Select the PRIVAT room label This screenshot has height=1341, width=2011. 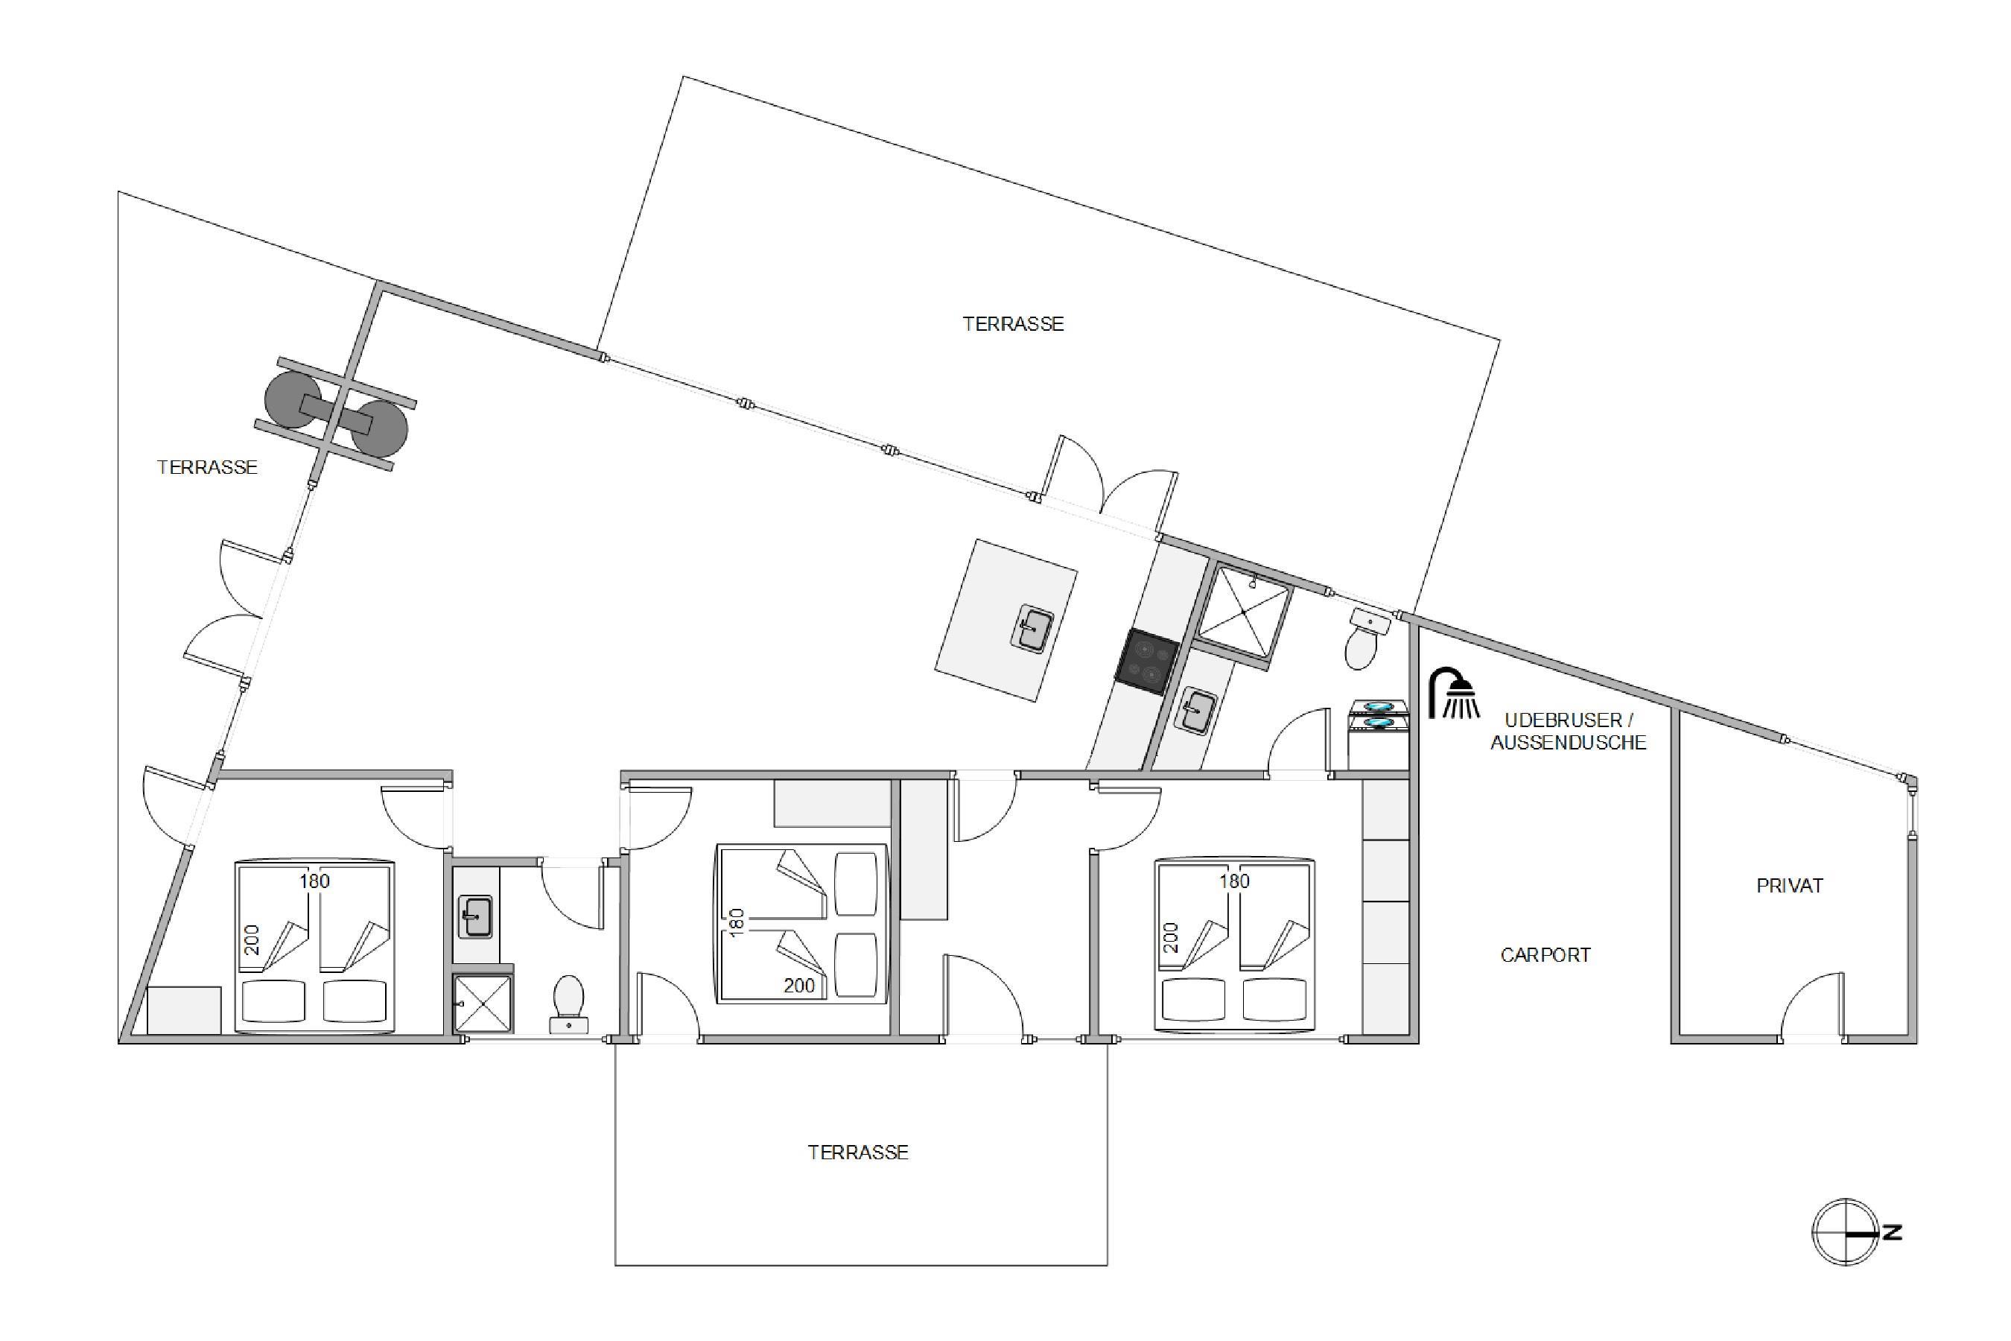pos(1790,886)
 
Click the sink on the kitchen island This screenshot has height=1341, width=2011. pos(1033,628)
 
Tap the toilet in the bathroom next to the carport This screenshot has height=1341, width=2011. pos(1366,638)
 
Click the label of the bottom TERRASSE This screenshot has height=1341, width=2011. pos(859,1153)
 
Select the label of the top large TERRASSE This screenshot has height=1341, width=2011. pos(1013,324)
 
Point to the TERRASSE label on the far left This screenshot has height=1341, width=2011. pos(207,467)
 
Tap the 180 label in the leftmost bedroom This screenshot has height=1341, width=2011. pos(314,881)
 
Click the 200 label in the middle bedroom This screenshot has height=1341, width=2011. pos(799,986)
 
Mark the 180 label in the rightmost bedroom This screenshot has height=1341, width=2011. pos(1235,881)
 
